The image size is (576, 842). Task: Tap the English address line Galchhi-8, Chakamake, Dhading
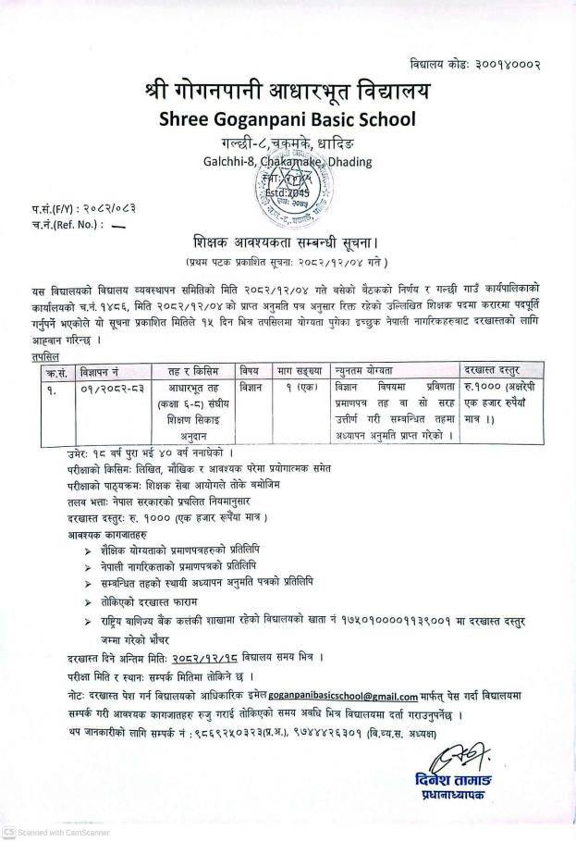point(287,161)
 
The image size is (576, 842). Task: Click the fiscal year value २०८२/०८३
point(101,209)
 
